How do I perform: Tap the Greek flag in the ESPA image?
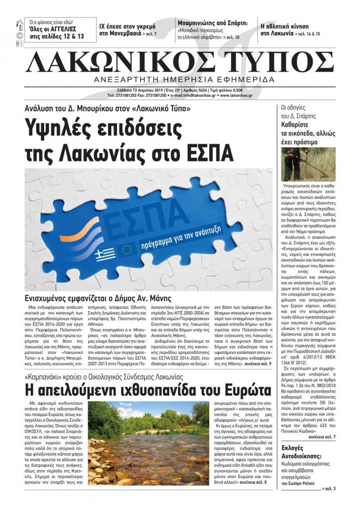pos(105,255)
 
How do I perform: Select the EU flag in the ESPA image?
pos(127,249)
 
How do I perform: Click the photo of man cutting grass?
pos(308,164)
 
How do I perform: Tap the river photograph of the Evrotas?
pos(148,443)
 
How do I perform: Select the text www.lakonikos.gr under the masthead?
pos(236,96)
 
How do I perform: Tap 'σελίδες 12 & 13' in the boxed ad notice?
pos(61,36)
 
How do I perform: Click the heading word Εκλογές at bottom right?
pos(292,448)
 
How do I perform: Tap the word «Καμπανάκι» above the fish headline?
pos(44,377)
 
